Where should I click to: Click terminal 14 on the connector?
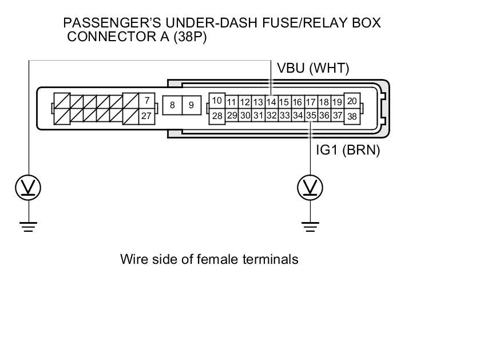(x=271, y=102)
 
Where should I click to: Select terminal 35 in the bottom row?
(x=311, y=116)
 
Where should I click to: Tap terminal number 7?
(x=147, y=101)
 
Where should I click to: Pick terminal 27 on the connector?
(x=147, y=116)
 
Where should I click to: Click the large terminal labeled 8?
(x=172, y=105)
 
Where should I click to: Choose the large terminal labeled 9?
(x=192, y=105)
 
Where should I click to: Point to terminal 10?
(x=217, y=101)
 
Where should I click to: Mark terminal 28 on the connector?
(x=217, y=116)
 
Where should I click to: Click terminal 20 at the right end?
(x=352, y=101)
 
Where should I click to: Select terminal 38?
(x=352, y=117)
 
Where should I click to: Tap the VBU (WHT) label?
(x=313, y=69)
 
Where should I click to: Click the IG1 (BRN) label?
(x=348, y=151)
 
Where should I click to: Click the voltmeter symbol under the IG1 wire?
(x=311, y=188)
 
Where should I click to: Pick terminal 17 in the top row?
(x=311, y=102)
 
